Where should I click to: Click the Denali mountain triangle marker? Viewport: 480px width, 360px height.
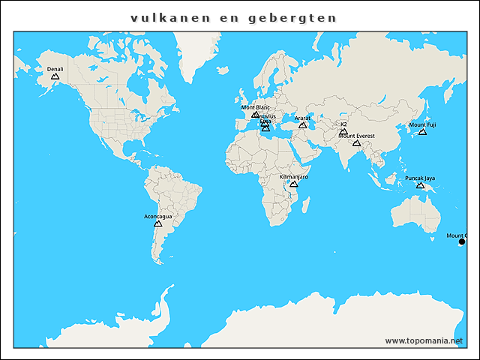(55, 76)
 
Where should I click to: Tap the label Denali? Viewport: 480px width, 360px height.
(55, 69)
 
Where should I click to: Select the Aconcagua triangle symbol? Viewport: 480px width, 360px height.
(157, 223)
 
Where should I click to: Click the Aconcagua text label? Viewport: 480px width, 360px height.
(157, 216)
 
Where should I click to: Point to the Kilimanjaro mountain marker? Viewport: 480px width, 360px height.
(294, 184)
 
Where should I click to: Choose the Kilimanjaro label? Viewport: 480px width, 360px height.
(294, 176)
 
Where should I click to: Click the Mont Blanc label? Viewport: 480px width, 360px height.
(255, 107)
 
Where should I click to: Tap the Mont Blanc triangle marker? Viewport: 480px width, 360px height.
(256, 115)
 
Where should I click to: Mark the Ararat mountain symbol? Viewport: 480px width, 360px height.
(303, 125)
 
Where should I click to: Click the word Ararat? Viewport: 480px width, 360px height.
(303, 118)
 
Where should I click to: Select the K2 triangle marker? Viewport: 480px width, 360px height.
(343, 131)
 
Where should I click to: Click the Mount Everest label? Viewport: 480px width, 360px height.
(356, 136)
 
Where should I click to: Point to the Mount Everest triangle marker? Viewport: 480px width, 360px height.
(356, 142)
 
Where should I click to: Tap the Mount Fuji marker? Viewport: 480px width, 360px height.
(422, 132)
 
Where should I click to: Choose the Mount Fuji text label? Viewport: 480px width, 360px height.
(422, 124)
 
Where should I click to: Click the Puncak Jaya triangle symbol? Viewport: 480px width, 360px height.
(420, 185)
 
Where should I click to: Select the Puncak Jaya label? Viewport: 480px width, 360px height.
(420, 178)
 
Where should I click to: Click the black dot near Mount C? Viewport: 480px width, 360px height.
(461, 241)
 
